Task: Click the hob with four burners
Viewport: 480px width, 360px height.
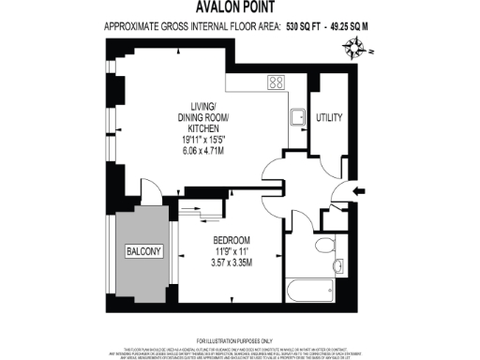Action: (277, 82)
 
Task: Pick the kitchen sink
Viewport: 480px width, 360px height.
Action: (295, 118)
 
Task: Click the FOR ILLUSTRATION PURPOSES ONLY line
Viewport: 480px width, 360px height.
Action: (234, 339)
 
